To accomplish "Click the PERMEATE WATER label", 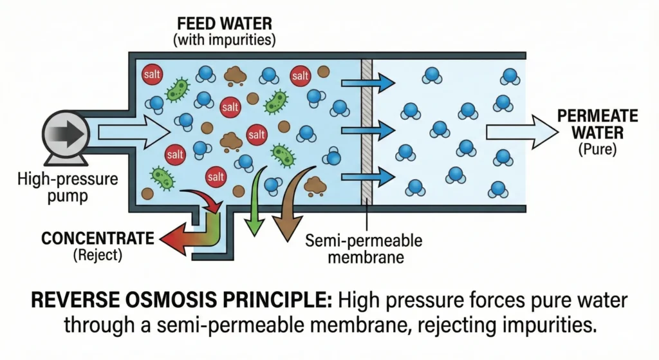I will (x=597, y=125).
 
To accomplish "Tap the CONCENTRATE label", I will (x=98, y=239).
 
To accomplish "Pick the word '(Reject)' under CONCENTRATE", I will (x=97, y=256).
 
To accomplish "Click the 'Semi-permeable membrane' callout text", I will (x=364, y=250).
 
